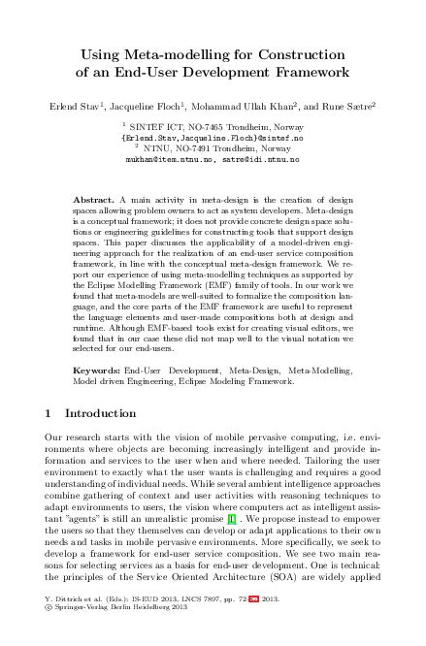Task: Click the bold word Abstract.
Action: tap(94, 198)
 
